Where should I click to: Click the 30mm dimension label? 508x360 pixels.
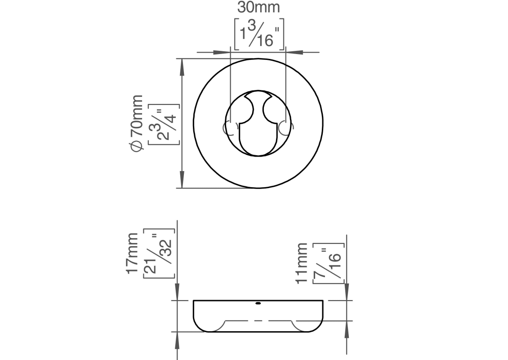(x=258, y=8)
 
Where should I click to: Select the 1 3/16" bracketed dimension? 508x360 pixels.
(x=259, y=34)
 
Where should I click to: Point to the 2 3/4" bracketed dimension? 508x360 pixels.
(x=164, y=124)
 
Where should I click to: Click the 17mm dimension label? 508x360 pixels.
(x=132, y=253)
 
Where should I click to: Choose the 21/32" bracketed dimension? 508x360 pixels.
(x=159, y=254)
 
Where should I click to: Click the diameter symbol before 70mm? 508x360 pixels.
(x=136, y=147)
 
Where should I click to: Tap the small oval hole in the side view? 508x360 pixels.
(x=258, y=304)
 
